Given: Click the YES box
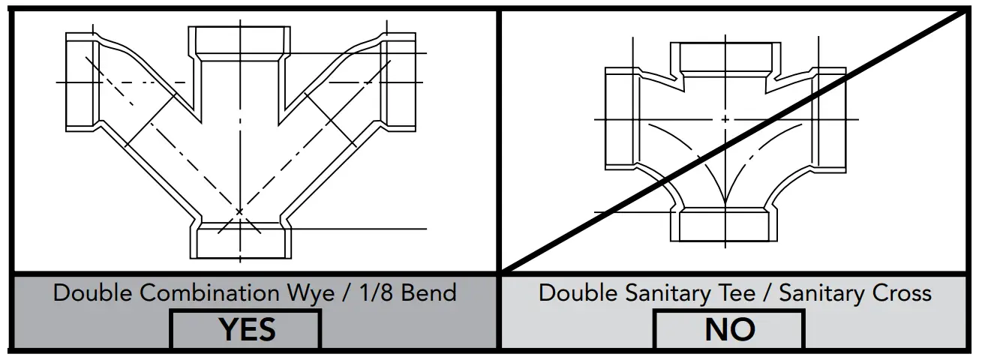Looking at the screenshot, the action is point(247,329).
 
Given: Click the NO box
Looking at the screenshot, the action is point(729,329).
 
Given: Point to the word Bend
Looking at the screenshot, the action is point(428,292).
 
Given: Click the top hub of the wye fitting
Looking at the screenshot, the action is point(239,41).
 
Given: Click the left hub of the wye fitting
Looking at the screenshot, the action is point(78,82).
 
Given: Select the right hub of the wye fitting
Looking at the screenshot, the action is point(400,82).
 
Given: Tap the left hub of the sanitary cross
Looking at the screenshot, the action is point(620,118).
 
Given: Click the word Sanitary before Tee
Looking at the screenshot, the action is point(653,292).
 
